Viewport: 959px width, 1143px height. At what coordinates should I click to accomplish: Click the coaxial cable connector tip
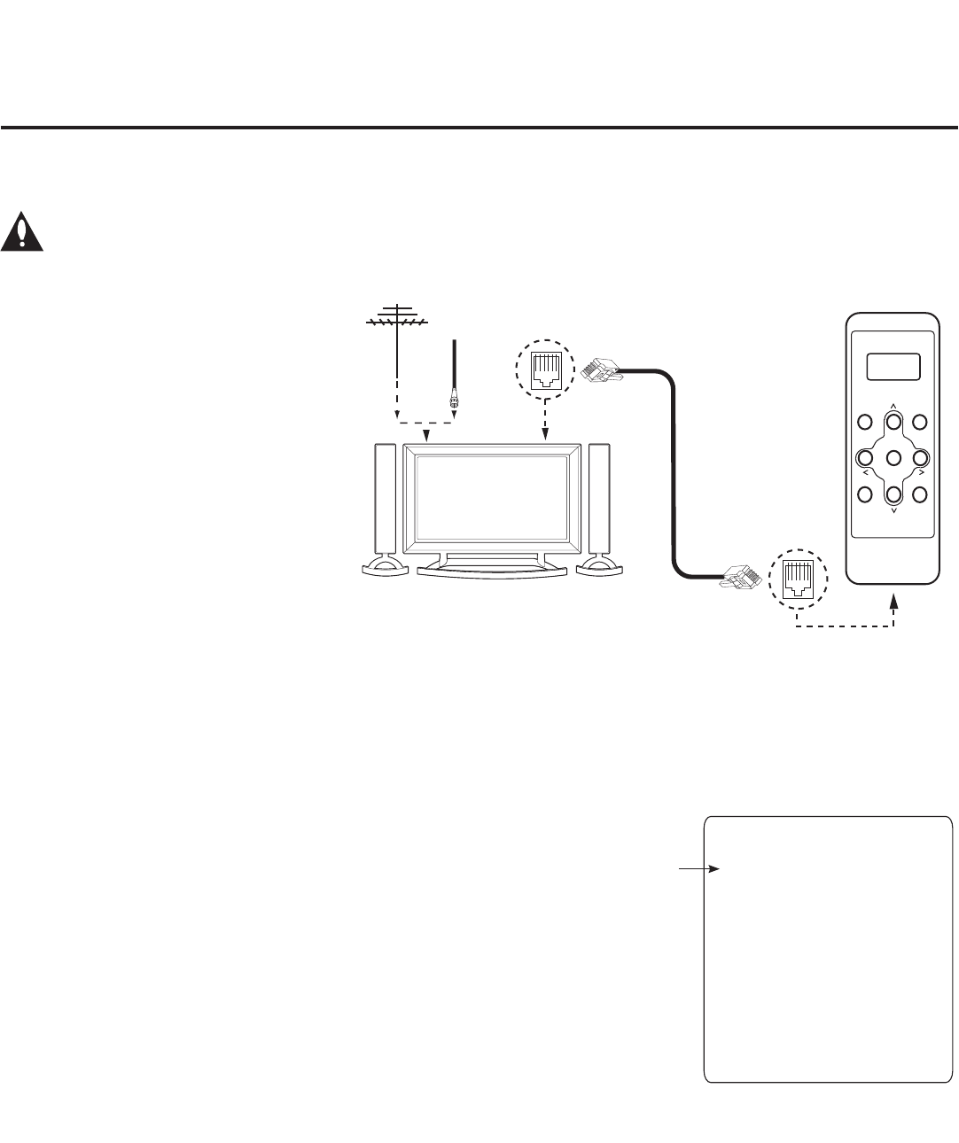pos(455,401)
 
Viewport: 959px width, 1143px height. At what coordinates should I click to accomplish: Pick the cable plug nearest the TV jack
pos(603,368)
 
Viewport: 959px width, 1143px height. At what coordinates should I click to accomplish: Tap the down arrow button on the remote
pos(893,494)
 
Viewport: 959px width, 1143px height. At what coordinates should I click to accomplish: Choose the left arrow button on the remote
pos(865,458)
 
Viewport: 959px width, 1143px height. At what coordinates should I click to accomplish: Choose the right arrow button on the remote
pos(921,458)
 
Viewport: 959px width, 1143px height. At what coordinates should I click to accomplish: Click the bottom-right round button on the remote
pos(921,494)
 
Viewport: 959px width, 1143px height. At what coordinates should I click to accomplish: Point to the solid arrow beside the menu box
pos(700,869)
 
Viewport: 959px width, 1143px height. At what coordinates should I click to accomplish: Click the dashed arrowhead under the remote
pos(893,602)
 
